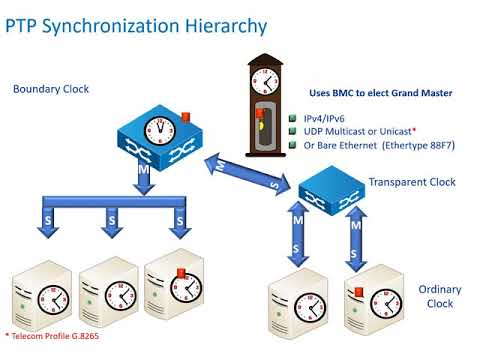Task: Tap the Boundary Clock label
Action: coord(51,89)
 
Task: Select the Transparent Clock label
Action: coord(412,183)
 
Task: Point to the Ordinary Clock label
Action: coord(440,296)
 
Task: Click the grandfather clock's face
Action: coord(264,79)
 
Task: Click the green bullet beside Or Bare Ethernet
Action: coord(294,145)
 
